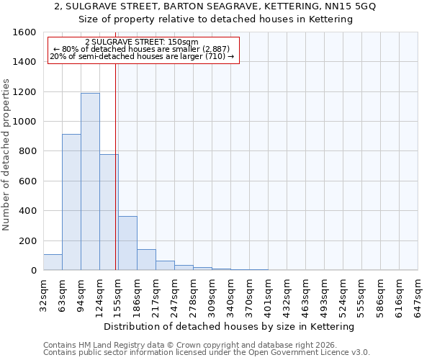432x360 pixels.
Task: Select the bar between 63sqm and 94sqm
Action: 71,202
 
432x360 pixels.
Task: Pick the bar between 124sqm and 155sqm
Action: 109,212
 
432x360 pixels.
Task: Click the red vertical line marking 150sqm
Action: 116,166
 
